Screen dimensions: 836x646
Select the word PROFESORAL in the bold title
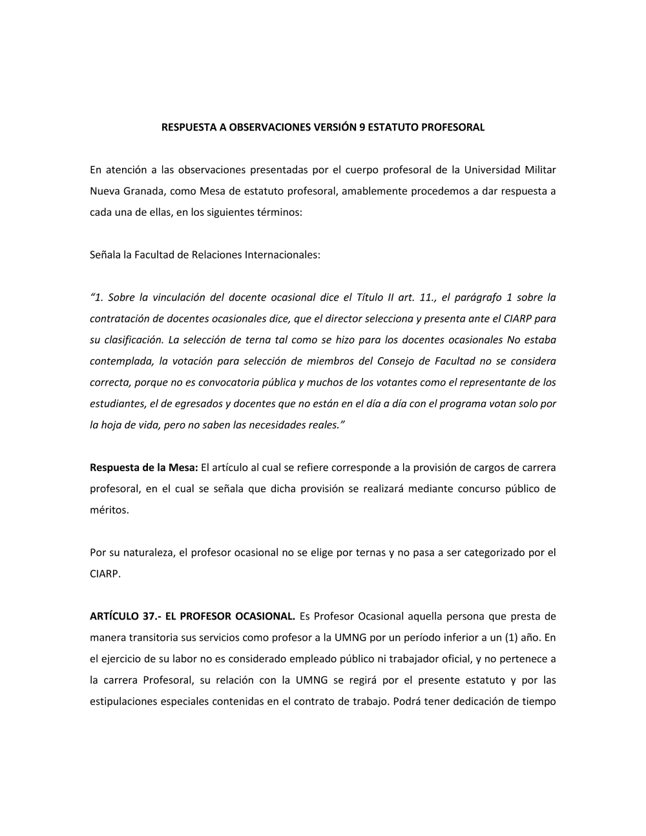coord(452,127)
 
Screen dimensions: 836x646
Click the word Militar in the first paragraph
coord(539,170)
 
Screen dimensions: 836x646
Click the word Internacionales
coord(282,255)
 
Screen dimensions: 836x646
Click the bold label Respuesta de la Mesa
coord(143,467)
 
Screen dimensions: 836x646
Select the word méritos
coord(109,510)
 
